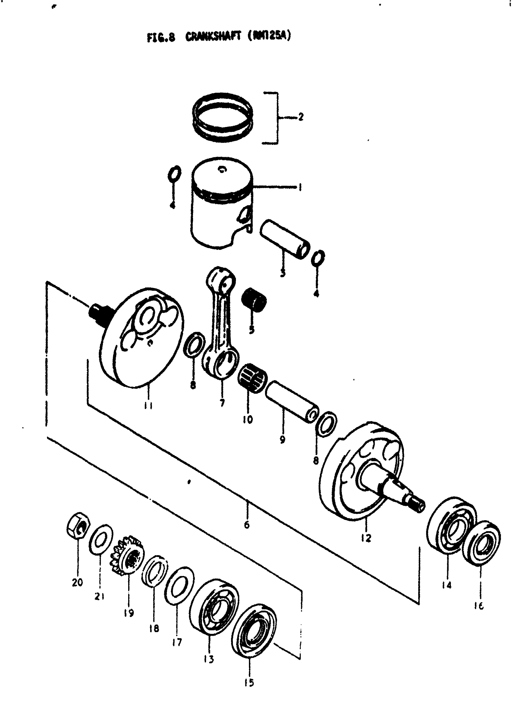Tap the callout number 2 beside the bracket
coord(300,117)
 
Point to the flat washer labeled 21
coord(101,539)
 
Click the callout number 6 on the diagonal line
coord(247,524)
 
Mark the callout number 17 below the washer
coord(177,642)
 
